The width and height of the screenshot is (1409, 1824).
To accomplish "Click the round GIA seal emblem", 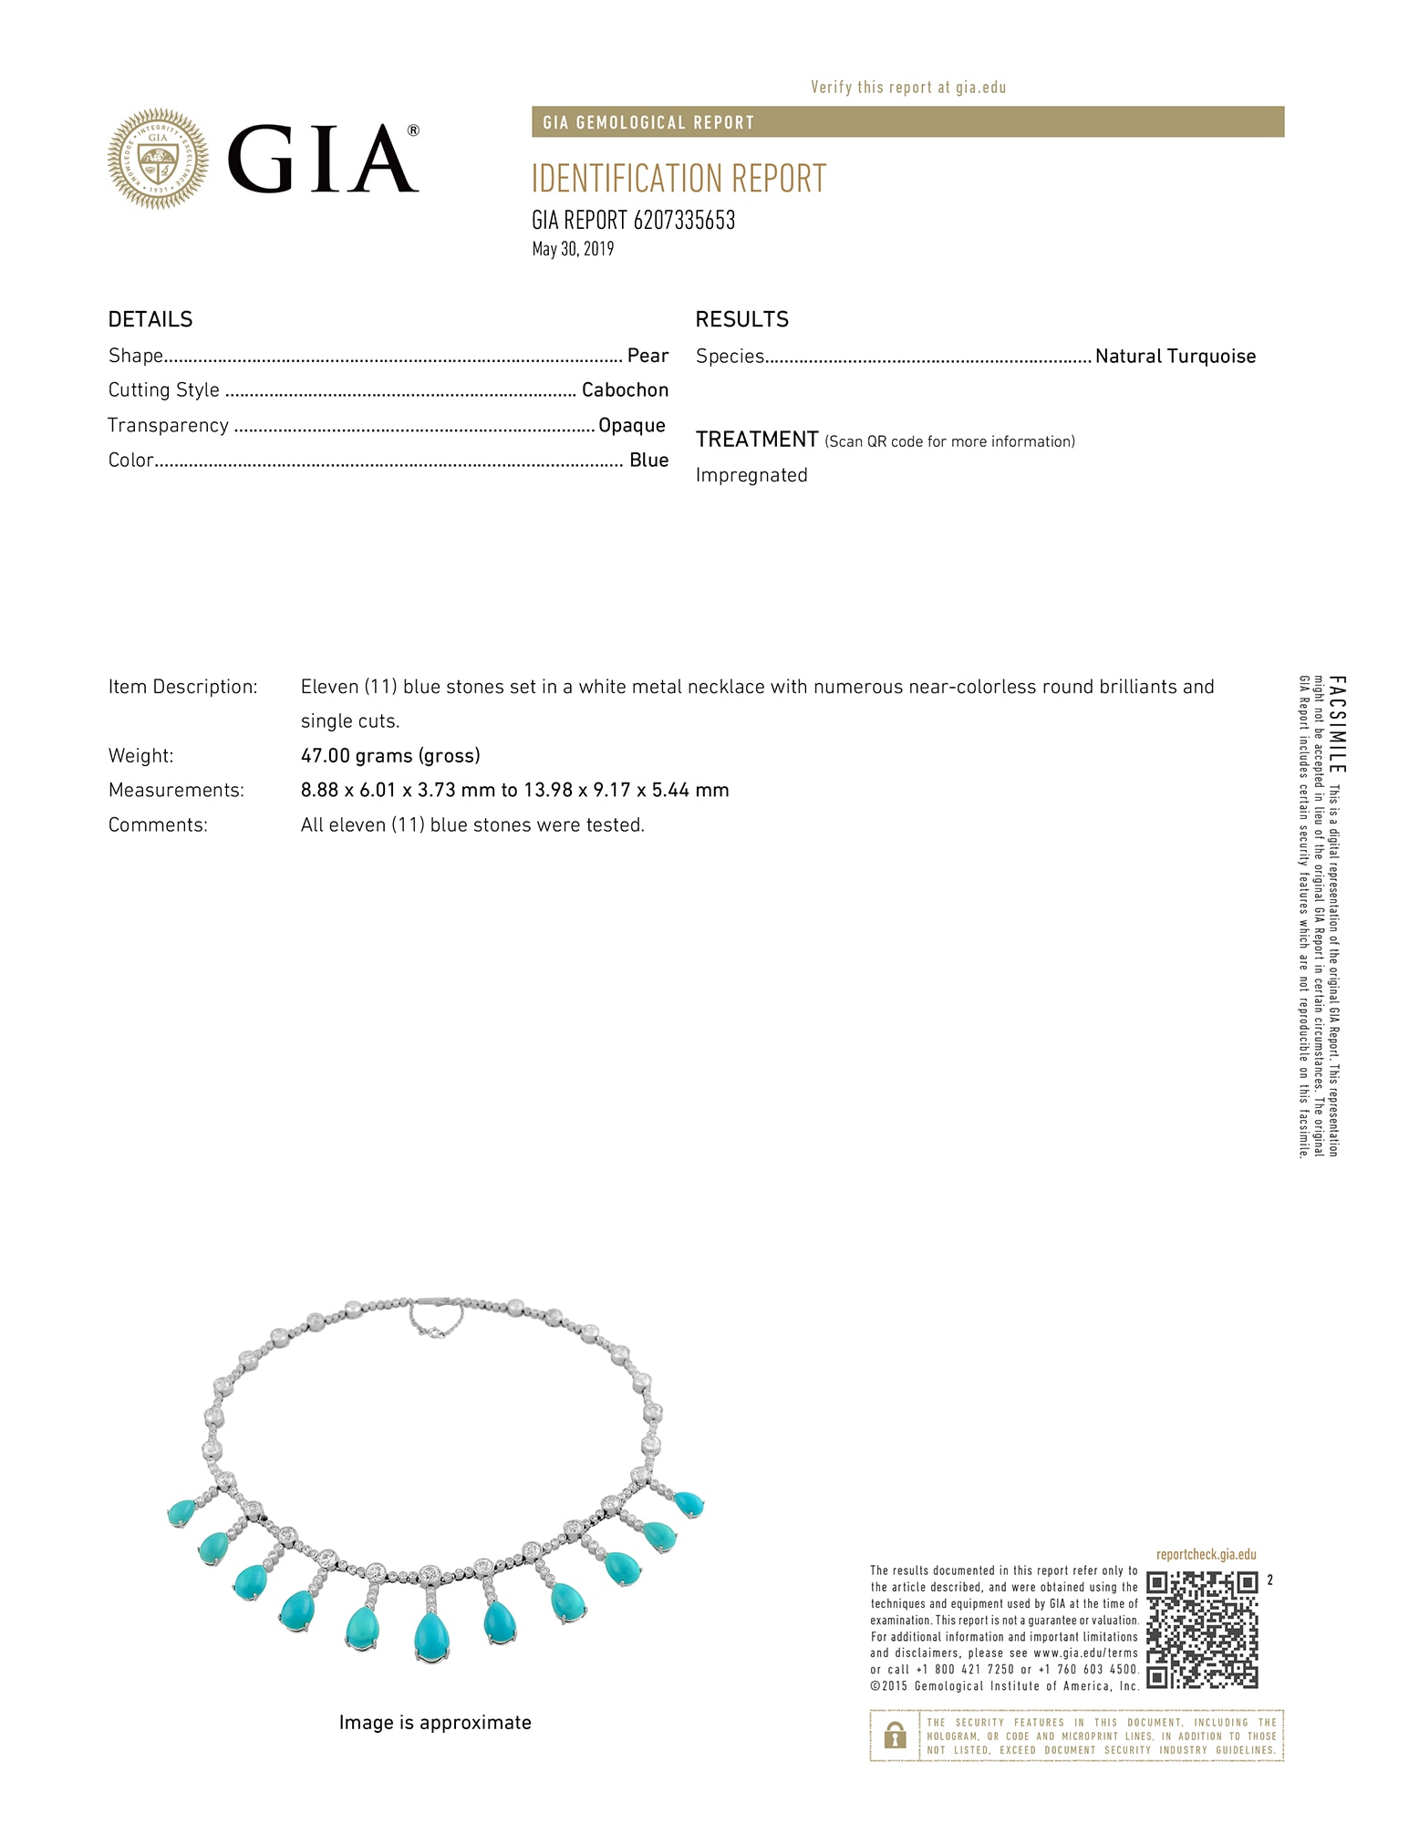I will [158, 159].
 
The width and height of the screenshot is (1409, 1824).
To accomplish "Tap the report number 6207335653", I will [683, 221].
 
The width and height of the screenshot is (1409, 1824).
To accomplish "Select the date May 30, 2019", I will [573, 249].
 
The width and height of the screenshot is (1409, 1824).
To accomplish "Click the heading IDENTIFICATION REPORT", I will [679, 179].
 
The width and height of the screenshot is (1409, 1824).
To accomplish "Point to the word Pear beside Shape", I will [648, 356].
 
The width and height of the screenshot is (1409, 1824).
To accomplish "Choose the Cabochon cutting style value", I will [625, 390].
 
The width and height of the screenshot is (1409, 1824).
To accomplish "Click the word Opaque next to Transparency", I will [631, 425].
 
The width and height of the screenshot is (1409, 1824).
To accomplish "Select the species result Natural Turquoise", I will [1175, 357].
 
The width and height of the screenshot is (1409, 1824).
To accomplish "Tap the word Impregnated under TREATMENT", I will [751, 475].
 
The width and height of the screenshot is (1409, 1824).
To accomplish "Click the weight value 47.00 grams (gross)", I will [390, 755].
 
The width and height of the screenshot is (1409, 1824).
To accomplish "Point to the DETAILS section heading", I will [150, 319].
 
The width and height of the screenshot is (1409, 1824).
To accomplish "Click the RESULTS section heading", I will [741, 319].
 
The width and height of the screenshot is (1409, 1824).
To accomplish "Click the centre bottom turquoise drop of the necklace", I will [430, 1636].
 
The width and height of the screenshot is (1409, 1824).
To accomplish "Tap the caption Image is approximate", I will [435, 1722].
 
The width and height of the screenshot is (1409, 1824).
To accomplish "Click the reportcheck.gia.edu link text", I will [1206, 1555].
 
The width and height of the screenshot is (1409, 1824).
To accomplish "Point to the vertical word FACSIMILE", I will [1336, 724].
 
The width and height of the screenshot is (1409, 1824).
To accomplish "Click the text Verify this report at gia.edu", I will [908, 88].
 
